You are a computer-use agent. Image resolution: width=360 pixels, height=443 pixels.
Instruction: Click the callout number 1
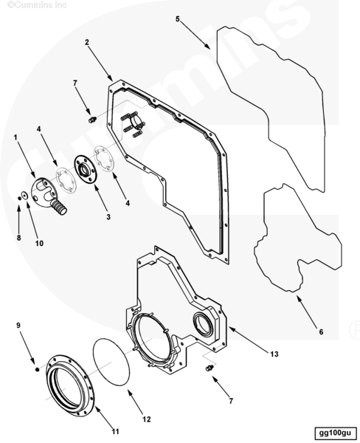pos(15,137)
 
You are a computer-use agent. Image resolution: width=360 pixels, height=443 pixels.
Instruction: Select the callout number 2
pos(87,42)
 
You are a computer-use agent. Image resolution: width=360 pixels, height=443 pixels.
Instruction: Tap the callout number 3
pos(108,216)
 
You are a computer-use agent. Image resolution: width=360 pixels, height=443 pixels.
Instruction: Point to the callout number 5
pos(177,19)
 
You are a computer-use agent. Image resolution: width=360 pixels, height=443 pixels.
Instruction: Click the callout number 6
pos(321,332)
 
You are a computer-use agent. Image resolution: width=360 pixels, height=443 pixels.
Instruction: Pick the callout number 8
pos(18,238)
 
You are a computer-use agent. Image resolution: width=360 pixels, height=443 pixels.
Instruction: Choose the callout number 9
pos(18,325)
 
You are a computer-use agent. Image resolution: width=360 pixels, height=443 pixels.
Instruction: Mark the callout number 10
pos(39,243)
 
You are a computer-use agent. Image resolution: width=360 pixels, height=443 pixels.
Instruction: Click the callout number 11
pos(115,431)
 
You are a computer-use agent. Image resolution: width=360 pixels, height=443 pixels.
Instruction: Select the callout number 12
pos(147,419)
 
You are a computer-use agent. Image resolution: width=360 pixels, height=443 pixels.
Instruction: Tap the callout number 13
pos(274,354)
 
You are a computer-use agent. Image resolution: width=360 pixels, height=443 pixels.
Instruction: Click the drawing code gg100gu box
pos(335,433)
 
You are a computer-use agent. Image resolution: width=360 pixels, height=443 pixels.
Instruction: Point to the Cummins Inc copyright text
pos(37,4)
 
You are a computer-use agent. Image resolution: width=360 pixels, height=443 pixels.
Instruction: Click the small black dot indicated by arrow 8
pos(19,199)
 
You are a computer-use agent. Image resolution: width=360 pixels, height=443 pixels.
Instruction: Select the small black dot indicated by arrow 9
pos(37,370)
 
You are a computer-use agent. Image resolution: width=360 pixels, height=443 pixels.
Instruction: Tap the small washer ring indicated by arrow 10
pos(24,195)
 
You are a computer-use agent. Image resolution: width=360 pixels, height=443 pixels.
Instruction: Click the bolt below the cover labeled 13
pos(210,368)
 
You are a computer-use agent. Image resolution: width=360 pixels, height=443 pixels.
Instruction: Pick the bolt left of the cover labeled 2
pos(92,120)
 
